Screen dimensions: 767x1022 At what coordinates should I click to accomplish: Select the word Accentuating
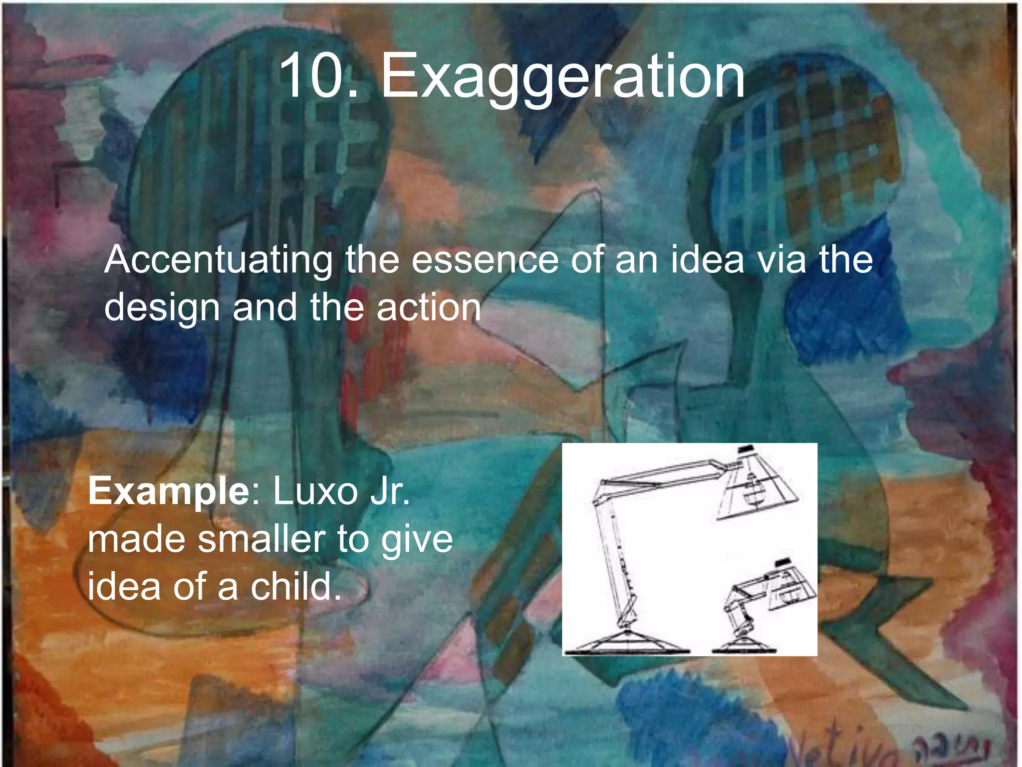218,260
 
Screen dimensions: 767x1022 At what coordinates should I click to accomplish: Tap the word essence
485,260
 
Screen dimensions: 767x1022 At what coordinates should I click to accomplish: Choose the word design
162,309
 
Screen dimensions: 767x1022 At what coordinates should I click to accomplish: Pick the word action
429,308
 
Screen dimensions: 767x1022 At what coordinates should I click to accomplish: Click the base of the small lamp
744,645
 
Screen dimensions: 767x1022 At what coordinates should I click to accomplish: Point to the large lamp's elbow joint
601,492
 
